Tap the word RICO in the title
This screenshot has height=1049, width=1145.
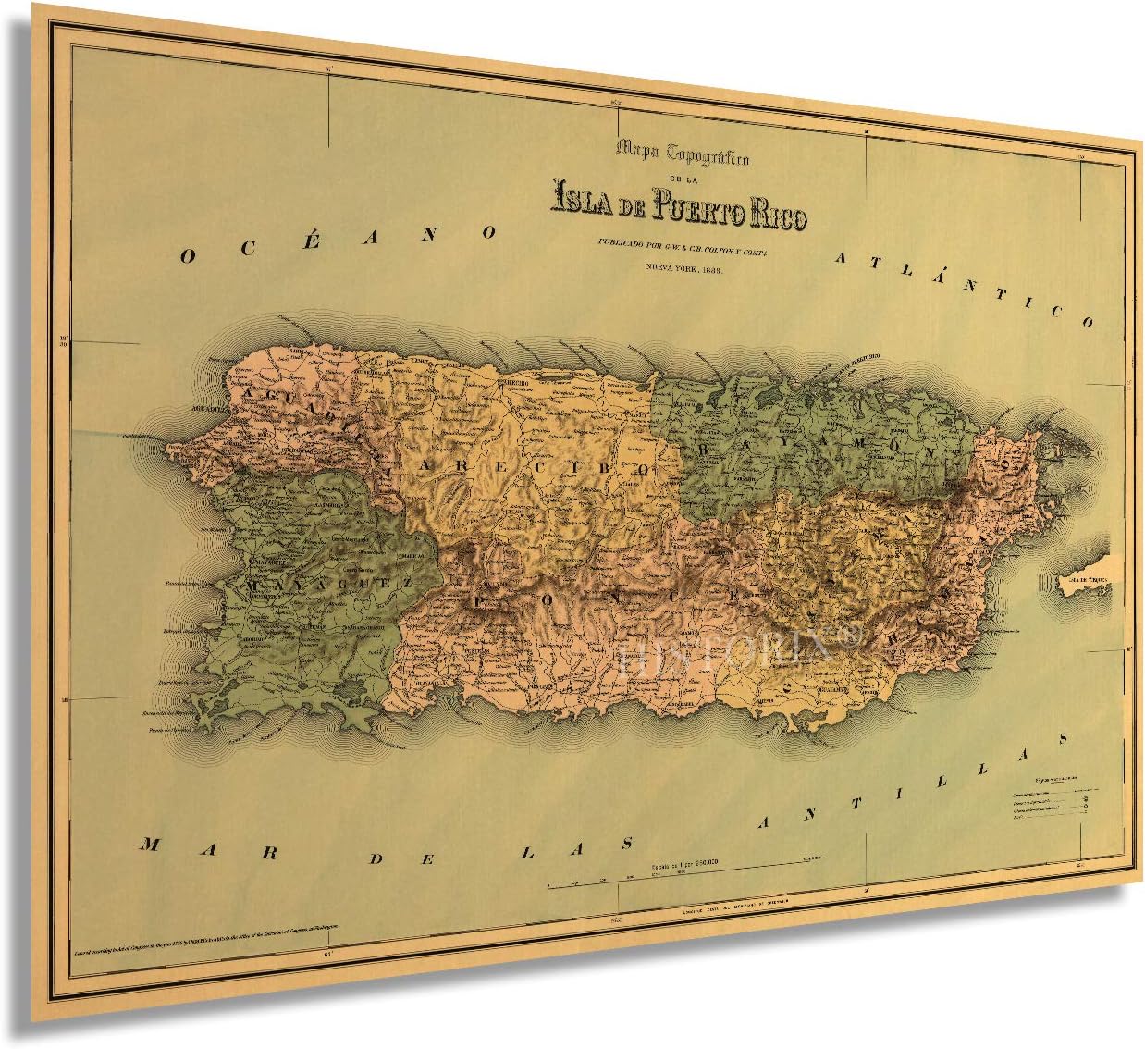778,215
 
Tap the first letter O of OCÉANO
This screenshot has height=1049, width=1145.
188,256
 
